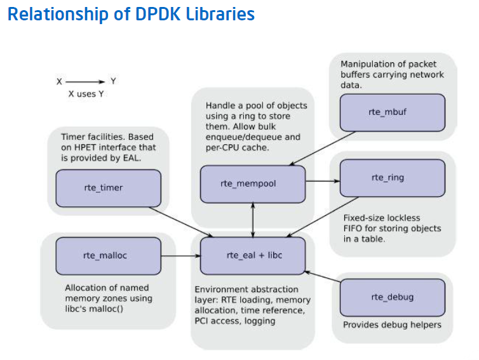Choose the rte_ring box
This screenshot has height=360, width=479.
tap(391, 178)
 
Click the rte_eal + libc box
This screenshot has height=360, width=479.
tap(253, 255)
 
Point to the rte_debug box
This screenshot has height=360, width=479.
tap(391, 297)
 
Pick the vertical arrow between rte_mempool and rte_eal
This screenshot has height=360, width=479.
tap(253, 218)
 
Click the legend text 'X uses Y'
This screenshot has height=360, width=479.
tap(86, 95)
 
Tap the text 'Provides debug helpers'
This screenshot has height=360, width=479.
tap(391, 324)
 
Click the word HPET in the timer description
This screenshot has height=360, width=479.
tap(86, 148)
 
